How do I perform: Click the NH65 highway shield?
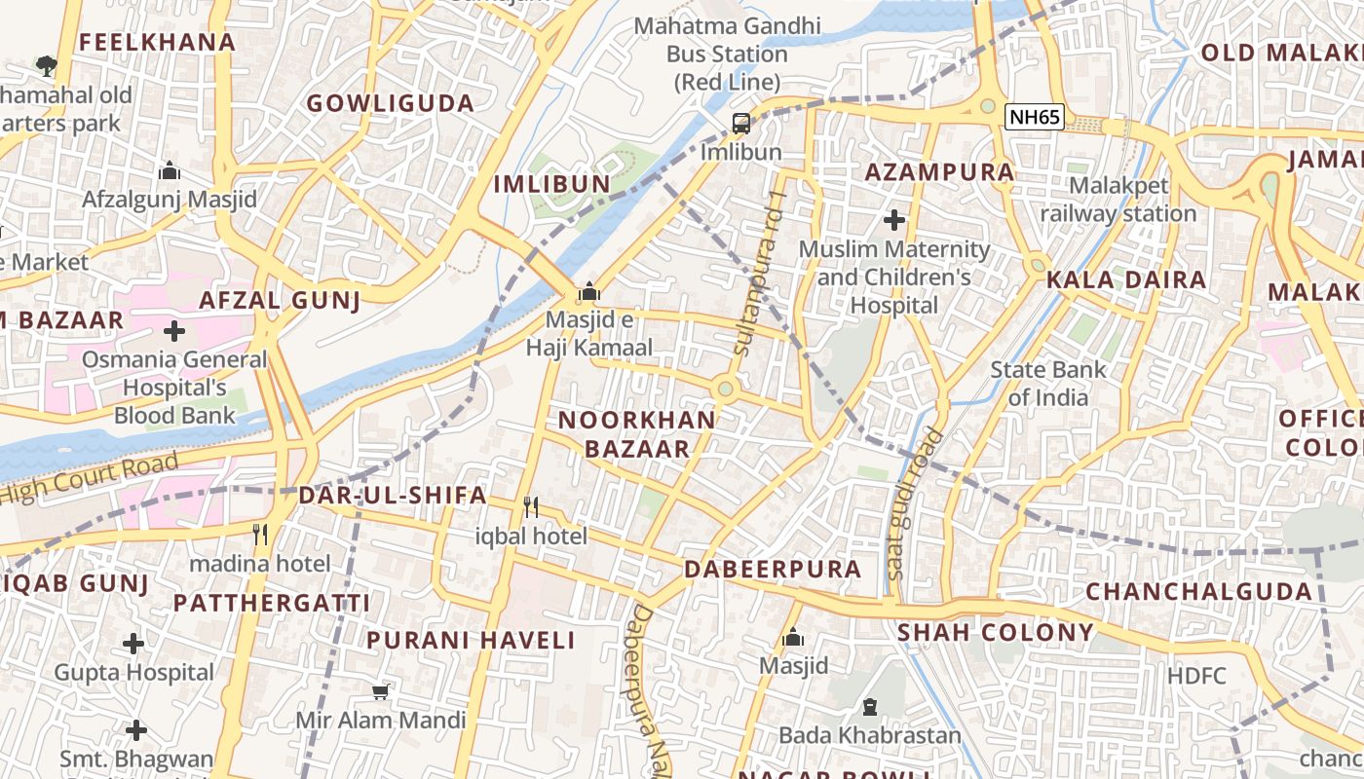[x=1035, y=118]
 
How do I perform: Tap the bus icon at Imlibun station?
[x=741, y=124]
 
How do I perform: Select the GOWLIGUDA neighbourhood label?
[x=391, y=103]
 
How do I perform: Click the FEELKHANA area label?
[x=157, y=42]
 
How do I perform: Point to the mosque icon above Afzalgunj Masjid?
[x=170, y=171]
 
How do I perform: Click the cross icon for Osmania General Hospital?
[x=174, y=331]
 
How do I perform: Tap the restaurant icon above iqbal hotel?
[x=531, y=506]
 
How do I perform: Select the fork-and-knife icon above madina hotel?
[x=260, y=534]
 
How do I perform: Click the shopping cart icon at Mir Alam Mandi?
[x=381, y=691]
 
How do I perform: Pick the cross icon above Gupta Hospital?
[x=133, y=644]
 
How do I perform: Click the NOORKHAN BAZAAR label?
[x=636, y=434]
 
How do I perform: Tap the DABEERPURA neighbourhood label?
[x=773, y=569]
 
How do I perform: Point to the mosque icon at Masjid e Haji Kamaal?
[x=588, y=291]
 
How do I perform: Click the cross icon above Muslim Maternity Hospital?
[x=893, y=220]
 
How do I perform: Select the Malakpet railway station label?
[x=1118, y=199]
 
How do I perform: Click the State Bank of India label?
[x=1048, y=384]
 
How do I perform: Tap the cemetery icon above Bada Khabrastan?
[x=869, y=707]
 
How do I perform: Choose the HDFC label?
[x=1196, y=675]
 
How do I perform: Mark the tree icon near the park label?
[x=45, y=66]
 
